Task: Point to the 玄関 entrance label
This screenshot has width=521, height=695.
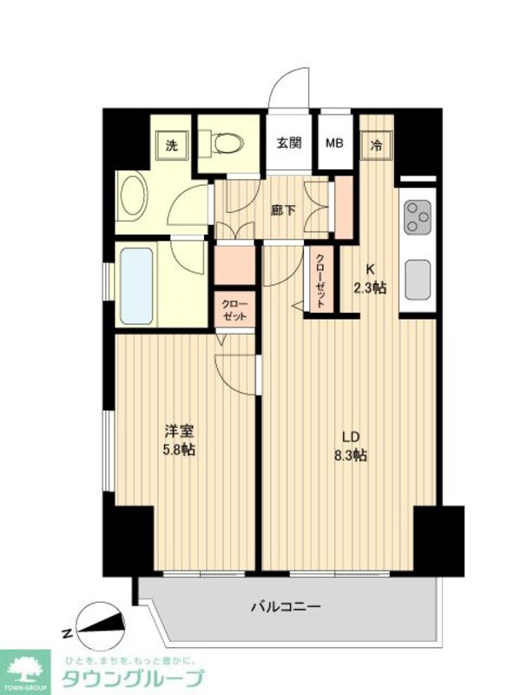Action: pos(289,144)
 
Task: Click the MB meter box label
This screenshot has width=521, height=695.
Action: pos(334,144)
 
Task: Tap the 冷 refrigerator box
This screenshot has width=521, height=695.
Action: pos(378,145)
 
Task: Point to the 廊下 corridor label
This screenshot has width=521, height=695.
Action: pos(282,209)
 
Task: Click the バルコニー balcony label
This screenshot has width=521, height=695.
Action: pos(287,607)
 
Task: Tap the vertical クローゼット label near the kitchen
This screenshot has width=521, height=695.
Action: pos(320,280)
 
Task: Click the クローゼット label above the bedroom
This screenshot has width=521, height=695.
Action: pos(234,310)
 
